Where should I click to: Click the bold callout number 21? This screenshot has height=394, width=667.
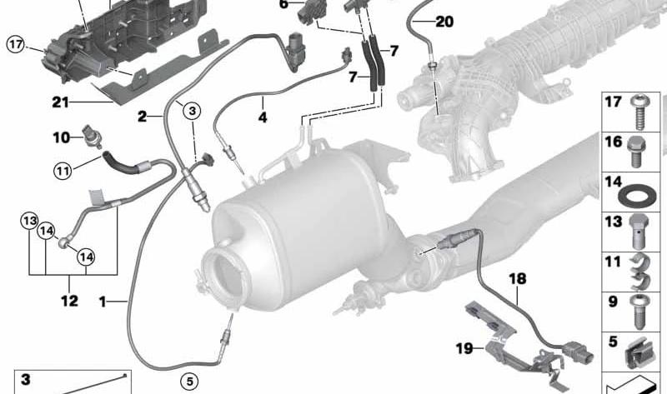click(x=60, y=102)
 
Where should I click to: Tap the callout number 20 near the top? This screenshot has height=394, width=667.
click(x=444, y=21)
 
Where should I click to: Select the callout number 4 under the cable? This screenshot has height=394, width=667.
click(x=263, y=117)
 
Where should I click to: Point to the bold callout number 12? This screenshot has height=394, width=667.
click(x=70, y=301)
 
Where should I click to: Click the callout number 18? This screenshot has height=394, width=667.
click(x=518, y=279)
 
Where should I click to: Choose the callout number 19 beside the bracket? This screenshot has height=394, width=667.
click(x=464, y=348)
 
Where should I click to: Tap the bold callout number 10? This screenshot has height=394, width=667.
click(x=61, y=137)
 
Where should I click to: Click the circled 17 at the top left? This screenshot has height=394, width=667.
click(x=16, y=45)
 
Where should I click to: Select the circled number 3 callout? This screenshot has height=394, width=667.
click(x=192, y=112)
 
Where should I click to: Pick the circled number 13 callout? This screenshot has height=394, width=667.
click(x=30, y=221)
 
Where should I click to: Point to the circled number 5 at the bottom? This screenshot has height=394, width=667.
click(x=190, y=382)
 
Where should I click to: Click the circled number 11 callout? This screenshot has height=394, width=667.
click(x=63, y=172)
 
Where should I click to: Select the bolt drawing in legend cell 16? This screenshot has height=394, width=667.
click(x=636, y=152)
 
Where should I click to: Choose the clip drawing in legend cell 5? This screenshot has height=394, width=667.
click(x=637, y=353)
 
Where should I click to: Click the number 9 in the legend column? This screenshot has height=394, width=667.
click(x=613, y=302)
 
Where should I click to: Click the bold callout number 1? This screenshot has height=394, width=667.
click(x=103, y=302)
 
